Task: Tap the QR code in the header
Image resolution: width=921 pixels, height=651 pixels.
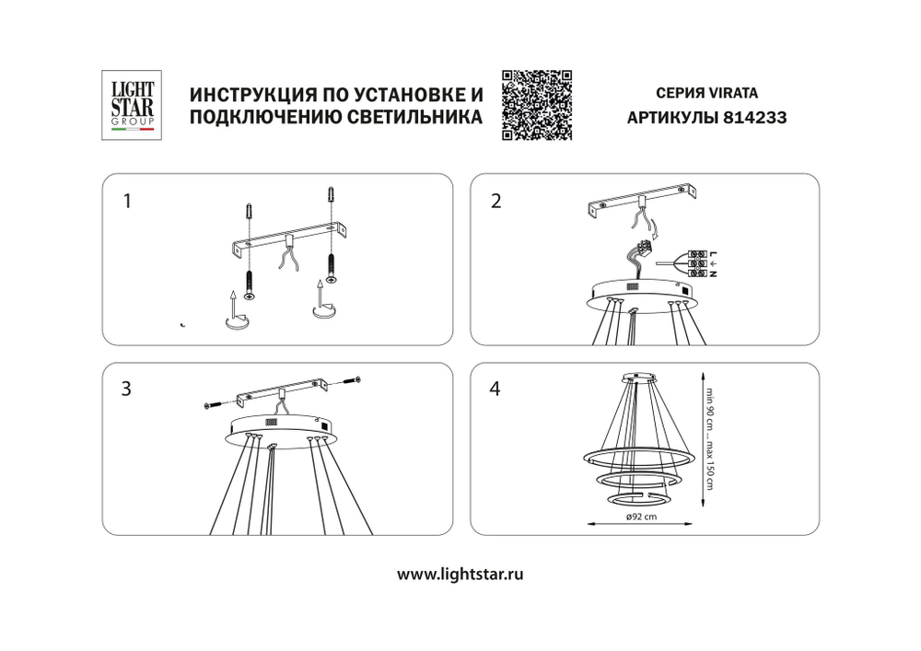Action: pyautogui.click(x=536, y=105)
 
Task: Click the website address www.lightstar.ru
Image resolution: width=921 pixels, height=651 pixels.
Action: pyautogui.click(x=460, y=574)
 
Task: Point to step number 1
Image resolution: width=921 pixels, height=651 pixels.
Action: pyautogui.click(x=128, y=200)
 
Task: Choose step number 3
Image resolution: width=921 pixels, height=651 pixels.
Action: pyautogui.click(x=127, y=389)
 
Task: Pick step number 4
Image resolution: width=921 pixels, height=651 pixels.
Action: pyautogui.click(x=495, y=389)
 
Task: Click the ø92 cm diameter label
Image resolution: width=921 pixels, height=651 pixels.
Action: pyautogui.click(x=640, y=518)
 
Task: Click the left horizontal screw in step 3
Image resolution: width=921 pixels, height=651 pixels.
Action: pyautogui.click(x=212, y=404)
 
